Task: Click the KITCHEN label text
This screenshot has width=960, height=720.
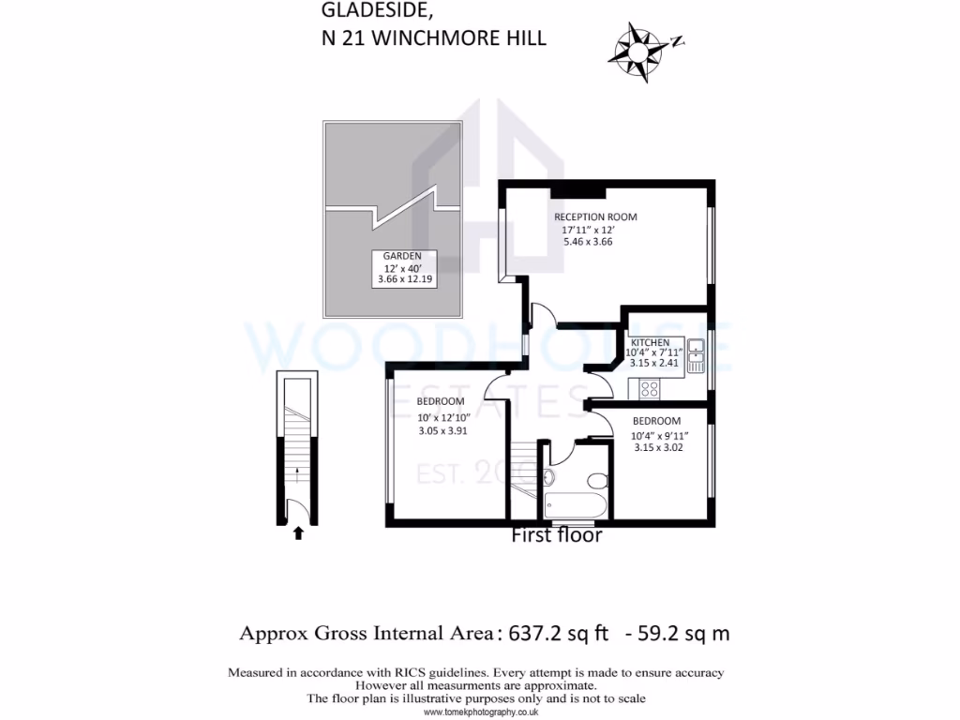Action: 649,342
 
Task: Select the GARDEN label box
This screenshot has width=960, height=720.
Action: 402,269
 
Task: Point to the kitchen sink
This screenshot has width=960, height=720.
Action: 696,357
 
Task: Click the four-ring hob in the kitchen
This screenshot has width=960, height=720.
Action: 650,388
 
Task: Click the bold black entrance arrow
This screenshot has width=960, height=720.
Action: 298,533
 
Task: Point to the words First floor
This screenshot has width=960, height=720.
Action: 556,536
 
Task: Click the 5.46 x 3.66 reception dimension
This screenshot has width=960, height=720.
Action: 587,241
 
